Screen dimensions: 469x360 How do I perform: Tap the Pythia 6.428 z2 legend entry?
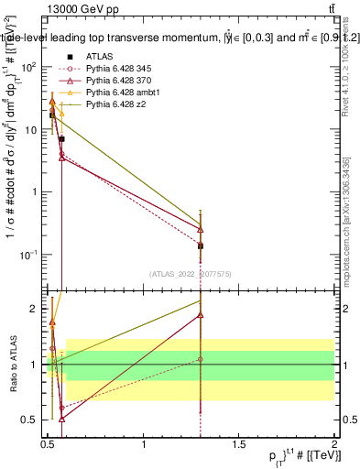click(x=116, y=105)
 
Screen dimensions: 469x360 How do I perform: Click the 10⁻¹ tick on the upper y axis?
click(x=30, y=254)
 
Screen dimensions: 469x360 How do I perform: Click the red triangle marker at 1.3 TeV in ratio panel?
click(x=201, y=315)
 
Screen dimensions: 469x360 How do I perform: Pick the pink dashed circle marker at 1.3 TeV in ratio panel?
click(x=201, y=359)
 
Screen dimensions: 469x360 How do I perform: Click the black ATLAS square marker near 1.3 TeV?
click(x=201, y=245)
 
